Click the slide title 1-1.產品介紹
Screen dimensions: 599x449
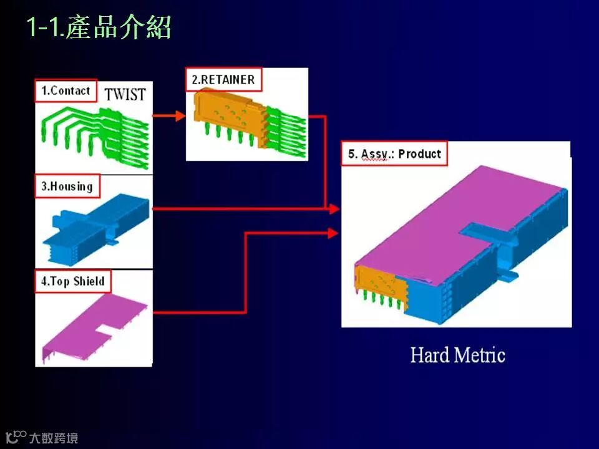coord(99,28)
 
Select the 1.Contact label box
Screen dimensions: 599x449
coord(66,91)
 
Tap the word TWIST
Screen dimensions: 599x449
coord(125,95)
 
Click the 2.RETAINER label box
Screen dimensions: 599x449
coord(223,80)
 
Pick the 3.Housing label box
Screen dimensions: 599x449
coord(67,186)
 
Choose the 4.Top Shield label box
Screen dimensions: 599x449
coord(72,281)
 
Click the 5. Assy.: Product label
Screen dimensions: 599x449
coord(394,154)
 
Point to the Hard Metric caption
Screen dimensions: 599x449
coord(457,355)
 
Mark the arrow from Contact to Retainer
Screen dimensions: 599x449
coord(169,116)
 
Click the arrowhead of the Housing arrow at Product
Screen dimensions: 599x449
coord(333,209)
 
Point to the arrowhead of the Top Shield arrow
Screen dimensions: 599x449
coord(333,233)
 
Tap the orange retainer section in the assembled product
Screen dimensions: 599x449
coord(381,284)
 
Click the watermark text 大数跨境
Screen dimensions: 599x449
coord(54,438)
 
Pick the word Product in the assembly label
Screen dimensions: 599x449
coord(419,154)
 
